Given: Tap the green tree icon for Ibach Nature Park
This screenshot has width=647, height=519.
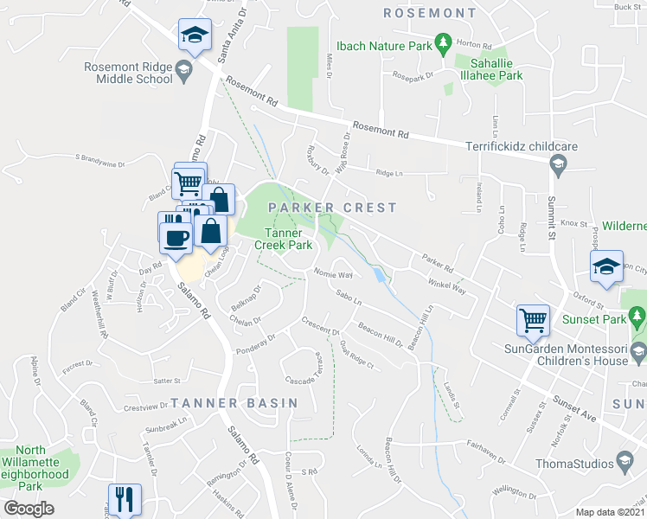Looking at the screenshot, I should (x=443, y=42).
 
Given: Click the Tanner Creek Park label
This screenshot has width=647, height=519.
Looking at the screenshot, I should (x=283, y=239).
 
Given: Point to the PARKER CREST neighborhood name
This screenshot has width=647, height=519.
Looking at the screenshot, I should (x=332, y=208).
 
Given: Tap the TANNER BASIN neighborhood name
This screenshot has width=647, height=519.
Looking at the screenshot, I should (x=234, y=403).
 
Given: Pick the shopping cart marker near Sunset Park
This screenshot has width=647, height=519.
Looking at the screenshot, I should (x=534, y=320).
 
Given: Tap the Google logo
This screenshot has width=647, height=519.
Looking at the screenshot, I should (x=29, y=509).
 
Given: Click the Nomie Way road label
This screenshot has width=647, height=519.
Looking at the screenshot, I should (x=334, y=273).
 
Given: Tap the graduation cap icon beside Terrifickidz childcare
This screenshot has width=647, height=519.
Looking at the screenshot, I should (x=558, y=164).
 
